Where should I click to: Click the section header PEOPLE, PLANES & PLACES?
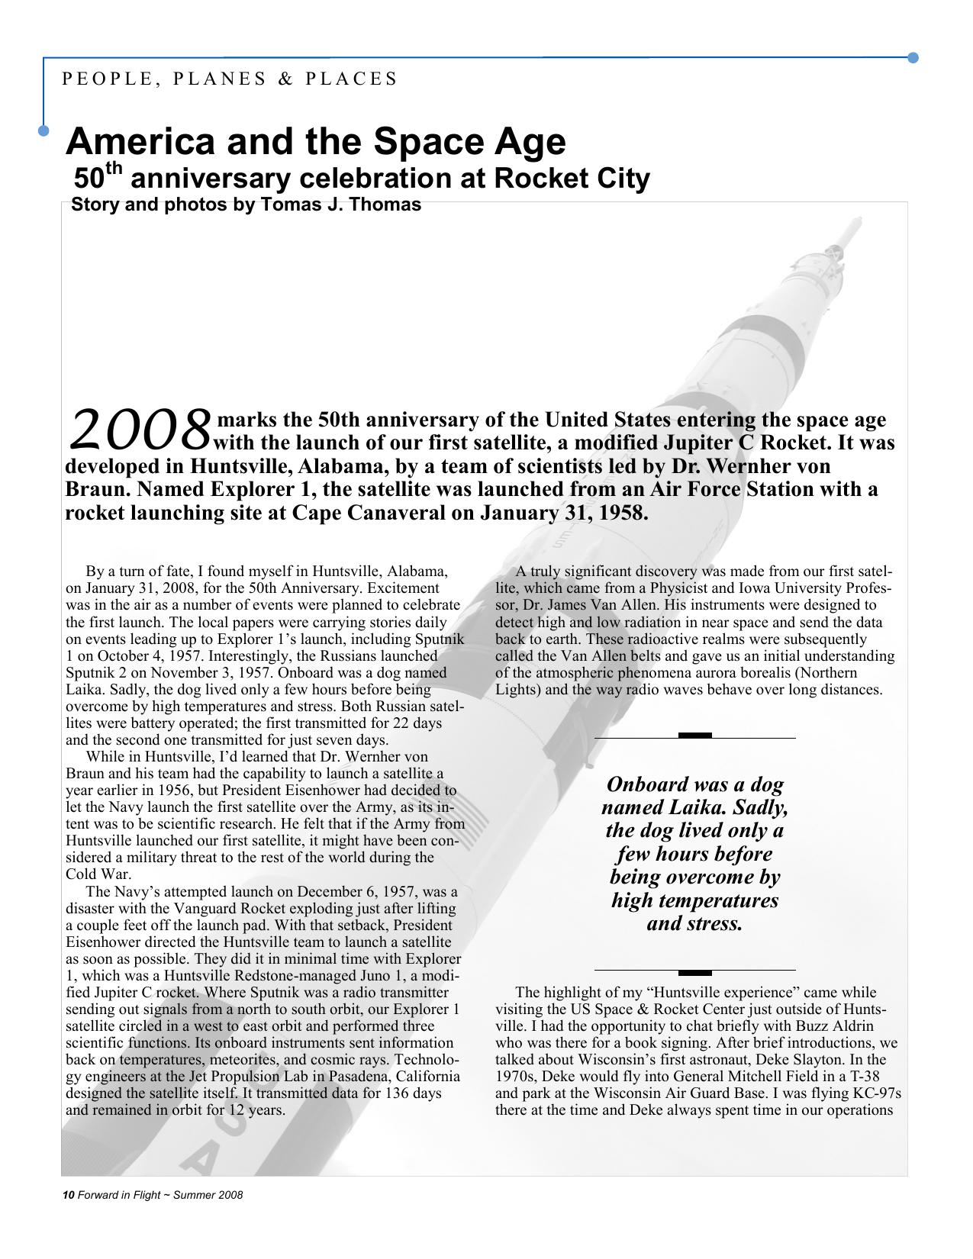tap(229, 79)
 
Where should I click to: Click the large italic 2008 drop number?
tap(139, 429)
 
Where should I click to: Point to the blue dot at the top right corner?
tap(913, 57)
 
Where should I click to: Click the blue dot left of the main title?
tap(43, 130)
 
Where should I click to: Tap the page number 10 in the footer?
tap(67, 1195)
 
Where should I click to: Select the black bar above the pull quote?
tap(694, 736)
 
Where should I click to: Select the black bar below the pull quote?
tap(694, 973)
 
